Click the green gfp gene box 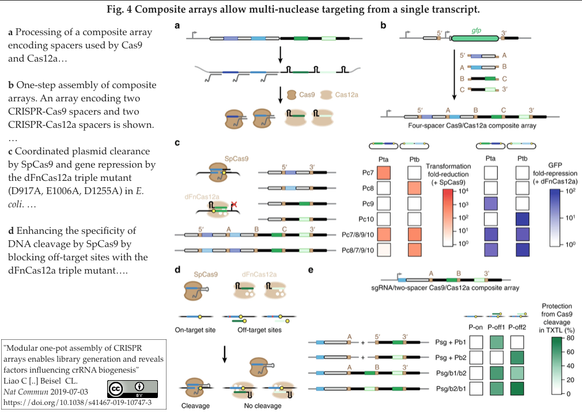(475, 37)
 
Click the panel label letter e (311, 269)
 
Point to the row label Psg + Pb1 (447, 342)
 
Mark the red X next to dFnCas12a (234, 204)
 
